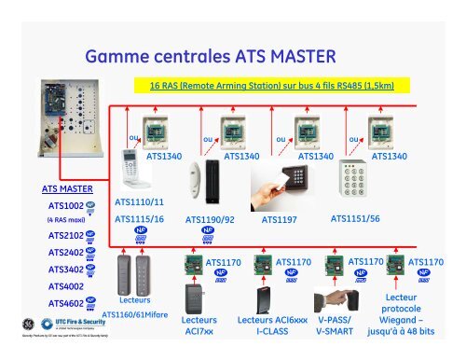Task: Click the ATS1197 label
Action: point(279,221)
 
